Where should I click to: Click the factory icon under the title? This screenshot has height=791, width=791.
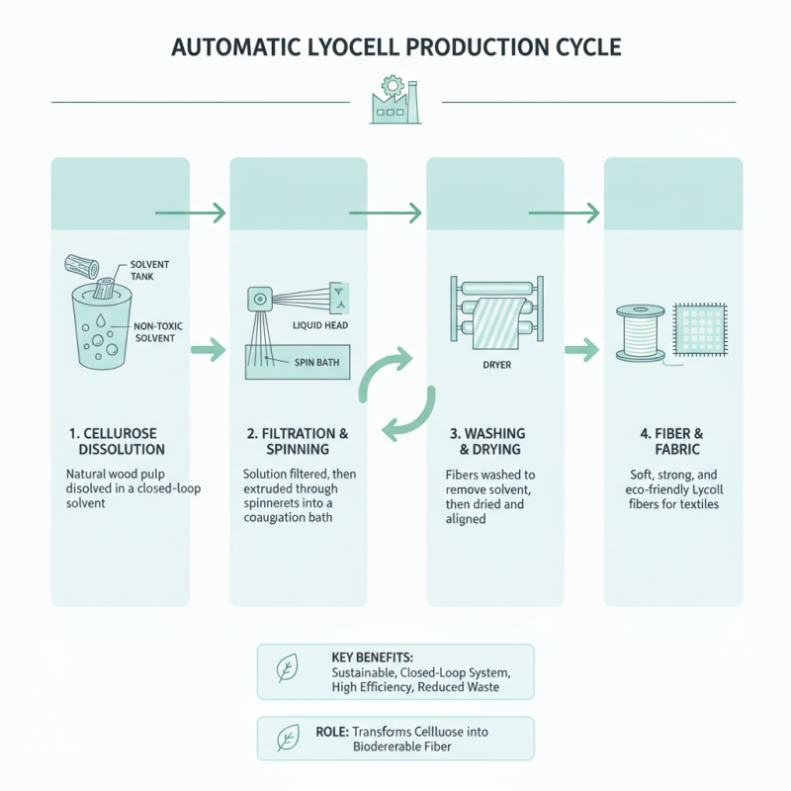(x=395, y=101)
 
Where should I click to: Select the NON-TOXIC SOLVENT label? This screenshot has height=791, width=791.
(x=154, y=331)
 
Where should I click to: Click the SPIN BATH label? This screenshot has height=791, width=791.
(x=316, y=363)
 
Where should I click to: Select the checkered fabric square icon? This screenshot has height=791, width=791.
(x=699, y=327)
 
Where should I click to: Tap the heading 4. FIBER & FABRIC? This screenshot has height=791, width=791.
(x=672, y=441)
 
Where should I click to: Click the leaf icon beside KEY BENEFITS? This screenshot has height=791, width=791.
(x=286, y=671)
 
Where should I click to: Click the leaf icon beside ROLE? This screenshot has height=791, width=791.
(x=286, y=738)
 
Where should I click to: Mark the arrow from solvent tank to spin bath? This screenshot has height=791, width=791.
(x=206, y=348)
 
